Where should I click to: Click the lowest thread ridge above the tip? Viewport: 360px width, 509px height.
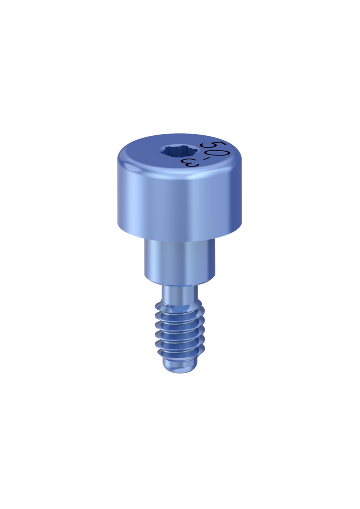[180, 354]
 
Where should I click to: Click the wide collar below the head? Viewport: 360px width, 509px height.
[180, 261]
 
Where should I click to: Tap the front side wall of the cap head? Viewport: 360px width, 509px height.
[180, 204]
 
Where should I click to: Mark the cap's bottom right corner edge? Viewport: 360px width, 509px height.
[241, 226]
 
